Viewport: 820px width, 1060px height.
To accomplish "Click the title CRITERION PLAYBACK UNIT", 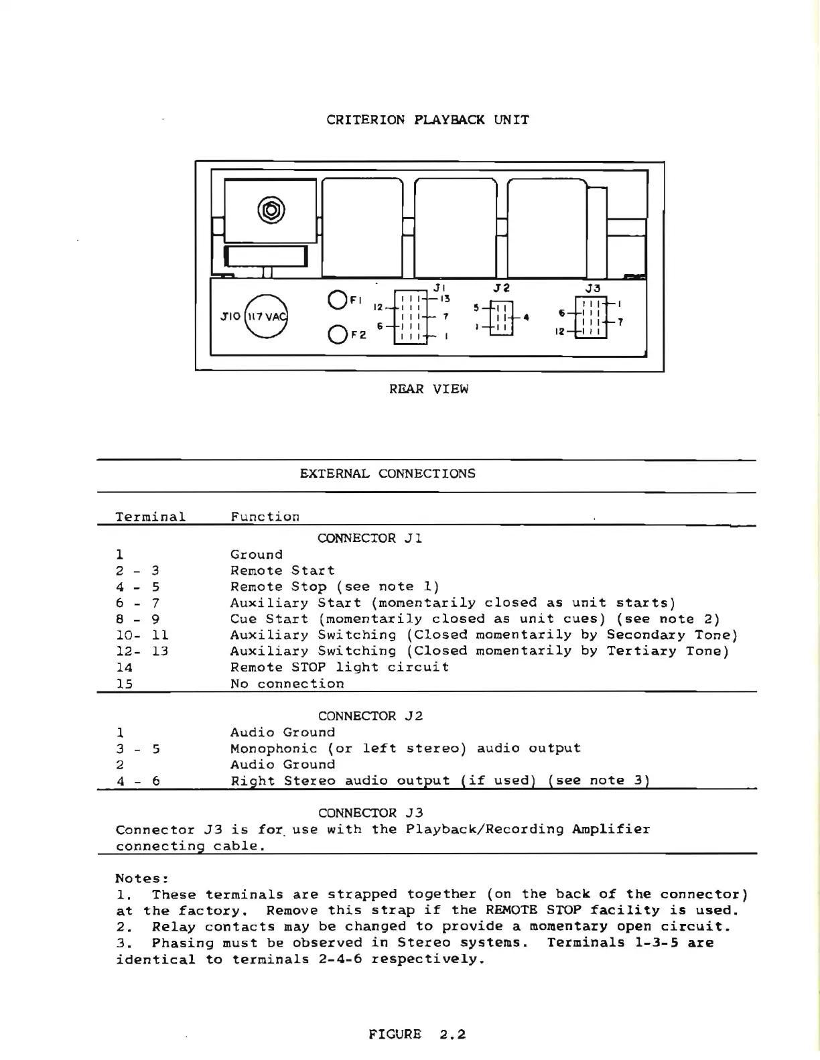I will tap(427, 120).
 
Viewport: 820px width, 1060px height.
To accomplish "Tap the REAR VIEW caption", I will tap(429, 389).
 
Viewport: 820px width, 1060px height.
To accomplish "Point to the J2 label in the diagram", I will tap(501, 287).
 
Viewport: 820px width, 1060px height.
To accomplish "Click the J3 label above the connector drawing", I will tap(593, 288).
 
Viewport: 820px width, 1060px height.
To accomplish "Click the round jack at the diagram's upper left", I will tap(270, 210).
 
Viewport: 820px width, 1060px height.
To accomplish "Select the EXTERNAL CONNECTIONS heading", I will tap(387, 473).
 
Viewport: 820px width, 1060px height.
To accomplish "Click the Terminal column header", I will tap(150, 517).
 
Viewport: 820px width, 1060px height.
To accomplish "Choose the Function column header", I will tap(265, 517).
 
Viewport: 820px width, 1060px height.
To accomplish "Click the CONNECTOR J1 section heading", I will tap(370, 538).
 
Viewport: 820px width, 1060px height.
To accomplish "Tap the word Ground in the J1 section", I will tap(257, 554).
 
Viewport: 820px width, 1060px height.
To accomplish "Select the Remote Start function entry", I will tap(282, 570).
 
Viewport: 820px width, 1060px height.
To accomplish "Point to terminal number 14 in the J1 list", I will tap(124, 667).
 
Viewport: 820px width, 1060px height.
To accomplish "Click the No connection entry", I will tap(287, 683).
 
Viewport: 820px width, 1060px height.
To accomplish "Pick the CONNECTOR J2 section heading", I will tap(370, 716).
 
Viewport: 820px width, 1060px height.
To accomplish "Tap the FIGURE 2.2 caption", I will tap(417, 1034).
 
